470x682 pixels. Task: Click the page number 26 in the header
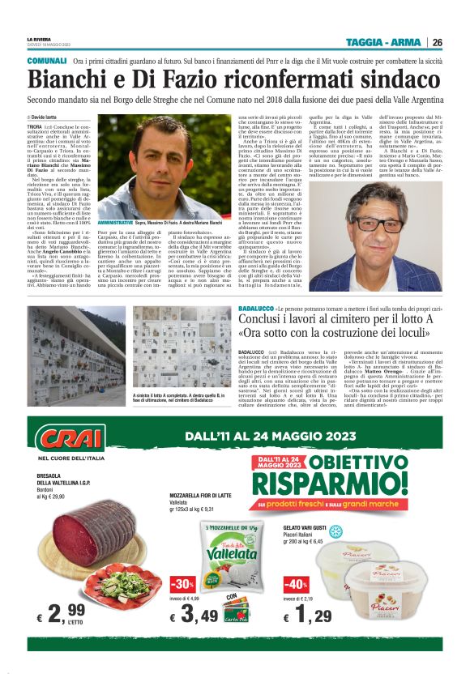(437, 42)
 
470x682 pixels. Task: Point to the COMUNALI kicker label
(47, 62)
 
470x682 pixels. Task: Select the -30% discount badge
(183, 583)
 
